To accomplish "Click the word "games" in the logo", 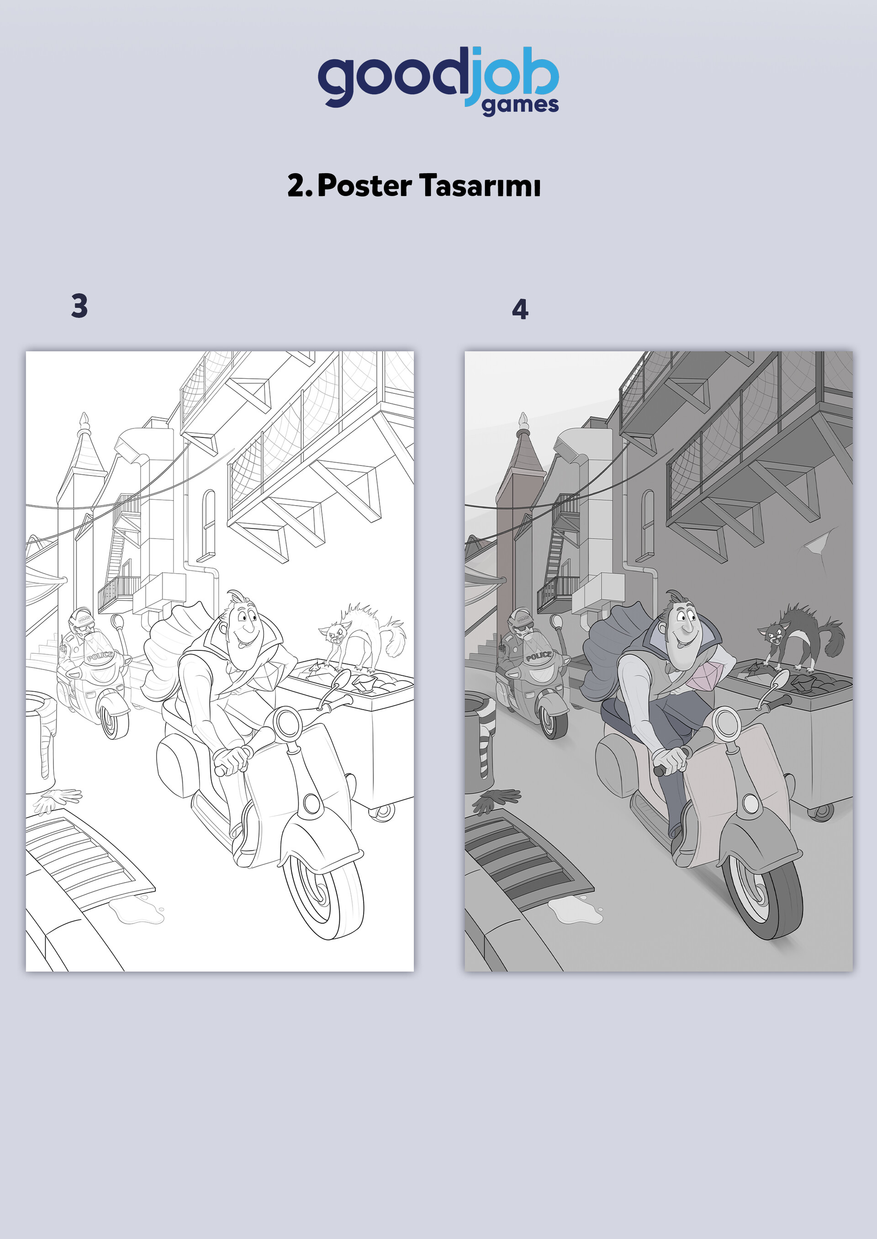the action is pyautogui.click(x=520, y=106).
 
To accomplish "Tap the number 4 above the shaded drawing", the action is pyautogui.click(x=520, y=309).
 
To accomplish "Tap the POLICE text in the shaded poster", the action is pyautogui.click(x=539, y=656).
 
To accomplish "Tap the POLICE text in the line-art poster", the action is pyautogui.click(x=100, y=656).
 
